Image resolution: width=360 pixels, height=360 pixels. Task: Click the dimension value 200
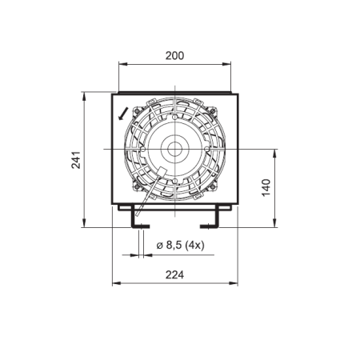174,56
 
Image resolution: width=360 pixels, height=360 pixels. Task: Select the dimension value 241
76,160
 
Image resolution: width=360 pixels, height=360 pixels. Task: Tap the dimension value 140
266,188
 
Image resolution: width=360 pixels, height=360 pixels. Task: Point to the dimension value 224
174,274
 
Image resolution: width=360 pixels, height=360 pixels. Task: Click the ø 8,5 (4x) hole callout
180,245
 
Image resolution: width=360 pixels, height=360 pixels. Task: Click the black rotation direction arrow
123,114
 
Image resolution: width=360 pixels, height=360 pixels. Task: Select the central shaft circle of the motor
175,149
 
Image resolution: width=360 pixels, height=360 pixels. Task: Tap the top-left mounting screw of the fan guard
137,110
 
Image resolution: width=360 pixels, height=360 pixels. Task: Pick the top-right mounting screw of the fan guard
213,110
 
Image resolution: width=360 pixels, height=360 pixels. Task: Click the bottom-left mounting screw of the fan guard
137,186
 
